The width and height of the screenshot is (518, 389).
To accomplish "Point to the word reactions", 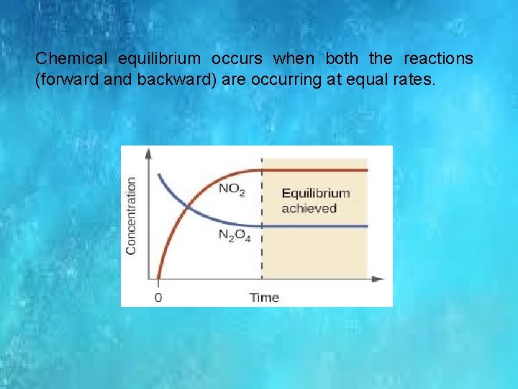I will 438,58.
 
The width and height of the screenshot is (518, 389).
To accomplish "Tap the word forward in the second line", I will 65,80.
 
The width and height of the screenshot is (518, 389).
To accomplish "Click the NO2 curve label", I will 231,189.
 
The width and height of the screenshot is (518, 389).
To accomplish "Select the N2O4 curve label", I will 234,236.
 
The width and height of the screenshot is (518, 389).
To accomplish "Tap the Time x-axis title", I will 264,297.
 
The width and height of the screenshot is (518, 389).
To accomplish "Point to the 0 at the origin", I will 158,297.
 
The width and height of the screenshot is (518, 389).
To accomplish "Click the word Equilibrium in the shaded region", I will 315,193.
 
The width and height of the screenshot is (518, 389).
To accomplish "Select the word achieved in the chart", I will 309,208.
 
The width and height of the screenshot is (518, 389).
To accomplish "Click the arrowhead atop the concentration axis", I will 149,153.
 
